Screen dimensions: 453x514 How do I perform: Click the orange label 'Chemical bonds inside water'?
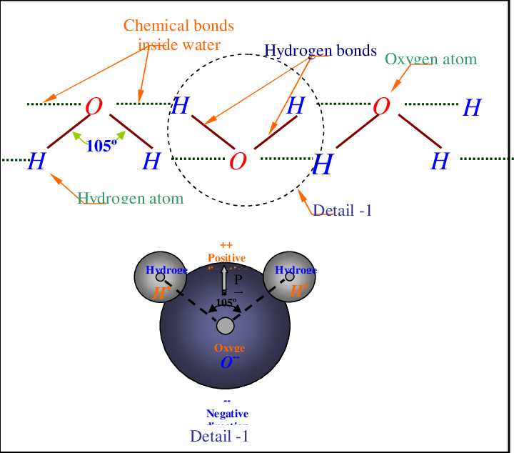[178, 35]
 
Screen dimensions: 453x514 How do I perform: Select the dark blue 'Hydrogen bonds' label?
[320, 51]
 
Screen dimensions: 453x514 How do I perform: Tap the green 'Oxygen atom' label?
[430, 59]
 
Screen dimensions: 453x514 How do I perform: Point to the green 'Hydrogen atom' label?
[130, 198]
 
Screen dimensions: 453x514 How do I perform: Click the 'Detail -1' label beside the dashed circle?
[343, 210]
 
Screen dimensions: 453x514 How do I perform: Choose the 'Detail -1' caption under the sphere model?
[218, 436]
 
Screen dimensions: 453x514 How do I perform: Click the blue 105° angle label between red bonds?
[101, 146]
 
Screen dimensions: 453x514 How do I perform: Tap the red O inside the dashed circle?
[238, 161]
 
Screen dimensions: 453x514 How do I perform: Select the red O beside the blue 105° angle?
[94, 107]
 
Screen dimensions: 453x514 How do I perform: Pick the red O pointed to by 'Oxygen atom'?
[381, 106]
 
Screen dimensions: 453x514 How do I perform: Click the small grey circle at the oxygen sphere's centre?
[225, 327]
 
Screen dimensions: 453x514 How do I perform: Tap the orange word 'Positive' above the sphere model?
[226, 258]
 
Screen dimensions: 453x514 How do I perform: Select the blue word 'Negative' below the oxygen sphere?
[227, 414]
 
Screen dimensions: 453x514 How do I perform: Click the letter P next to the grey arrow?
[238, 281]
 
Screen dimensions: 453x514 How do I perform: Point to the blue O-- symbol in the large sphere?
[229, 362]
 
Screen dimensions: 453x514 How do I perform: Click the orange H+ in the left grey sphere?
[161, 292]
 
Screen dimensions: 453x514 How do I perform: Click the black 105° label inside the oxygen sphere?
[226, 302]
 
